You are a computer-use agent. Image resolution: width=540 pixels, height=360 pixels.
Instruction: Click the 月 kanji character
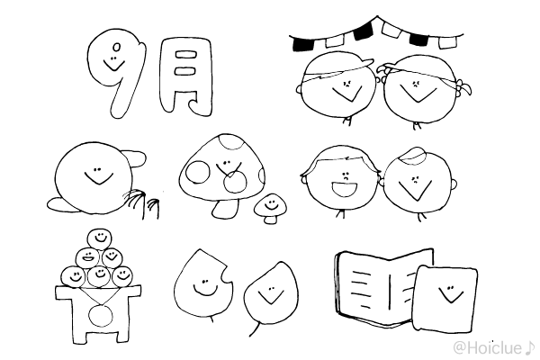[x=186, y=76]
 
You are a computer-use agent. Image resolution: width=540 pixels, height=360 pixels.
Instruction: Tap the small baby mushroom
[x=270, y=207]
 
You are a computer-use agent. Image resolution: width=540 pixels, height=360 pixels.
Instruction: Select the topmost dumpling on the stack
[x=100, y=238]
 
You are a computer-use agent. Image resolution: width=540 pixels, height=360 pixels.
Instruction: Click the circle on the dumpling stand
[x=100, y=315]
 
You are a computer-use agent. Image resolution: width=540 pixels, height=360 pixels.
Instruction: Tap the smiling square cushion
[x=445, y=298]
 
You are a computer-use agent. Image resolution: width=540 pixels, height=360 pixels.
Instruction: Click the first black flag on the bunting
[x=301, y=44]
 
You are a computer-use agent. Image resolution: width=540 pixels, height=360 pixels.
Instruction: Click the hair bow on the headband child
[x=463, y=87]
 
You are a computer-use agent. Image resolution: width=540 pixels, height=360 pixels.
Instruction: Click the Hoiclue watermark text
[x=493, y=348]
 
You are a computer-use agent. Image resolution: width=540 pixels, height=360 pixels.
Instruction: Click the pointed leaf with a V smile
[x=271, y=295]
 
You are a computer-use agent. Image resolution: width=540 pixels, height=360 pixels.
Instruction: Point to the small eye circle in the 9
[x=117, y=47]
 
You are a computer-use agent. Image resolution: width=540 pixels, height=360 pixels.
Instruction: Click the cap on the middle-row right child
[x=412, y=156]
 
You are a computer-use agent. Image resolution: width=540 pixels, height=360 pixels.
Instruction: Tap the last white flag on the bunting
[x=447, y=42]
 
